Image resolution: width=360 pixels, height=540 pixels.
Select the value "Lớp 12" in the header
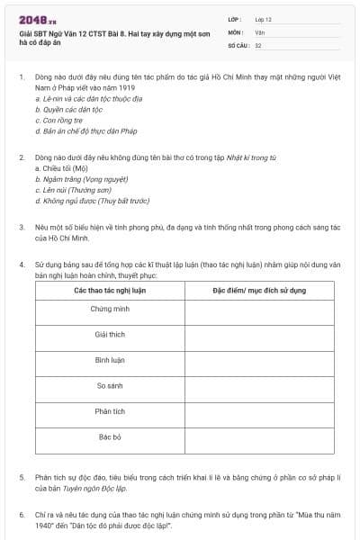[x=263, y=19]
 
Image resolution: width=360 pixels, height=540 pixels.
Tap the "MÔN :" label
[x=235, y=31]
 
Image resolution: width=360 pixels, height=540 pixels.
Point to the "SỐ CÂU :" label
[x=238, y=44]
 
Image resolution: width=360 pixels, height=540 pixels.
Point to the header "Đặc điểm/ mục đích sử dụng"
[x=259, y=292]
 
